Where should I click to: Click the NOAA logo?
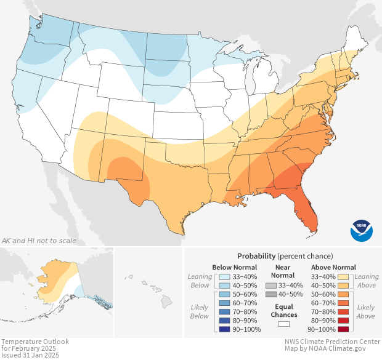(x=362, y=230)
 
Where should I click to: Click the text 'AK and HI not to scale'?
(x=39, y=240)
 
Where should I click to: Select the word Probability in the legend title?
(x=256, y=256)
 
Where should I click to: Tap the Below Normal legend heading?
(x=234, y=267)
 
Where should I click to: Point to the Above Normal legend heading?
(x=334, y=267)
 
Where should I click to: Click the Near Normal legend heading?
(x=283, y=271)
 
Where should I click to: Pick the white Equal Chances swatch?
(x=284, y=323)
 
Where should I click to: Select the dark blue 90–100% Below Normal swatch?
(x=225, y=329)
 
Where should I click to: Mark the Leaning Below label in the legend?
(x=200, y=281)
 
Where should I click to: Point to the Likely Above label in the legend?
(x=365, y=311)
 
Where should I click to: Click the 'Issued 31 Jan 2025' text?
(x=30, y=355)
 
